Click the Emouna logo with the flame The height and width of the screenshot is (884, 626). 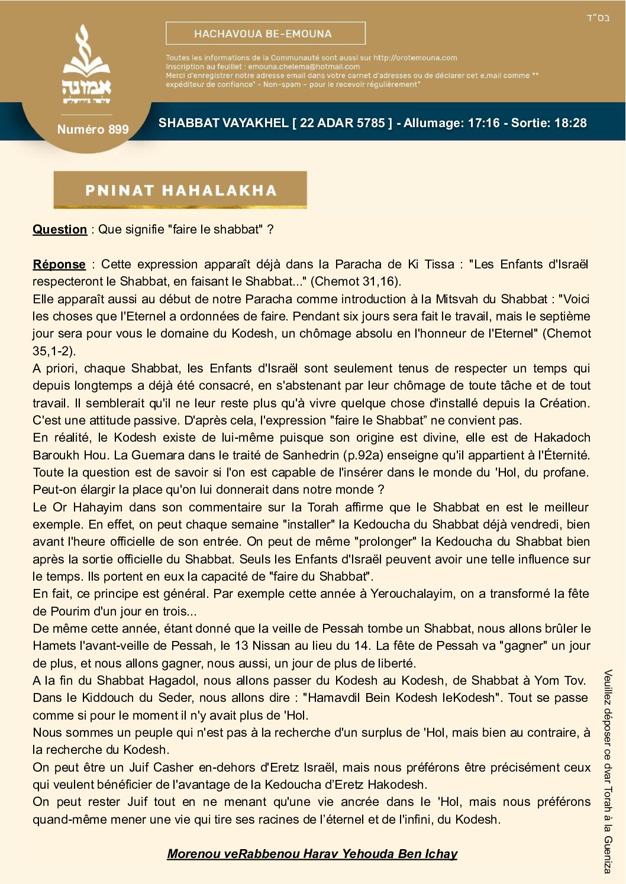(86, 65)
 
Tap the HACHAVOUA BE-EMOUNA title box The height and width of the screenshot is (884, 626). (265, 34)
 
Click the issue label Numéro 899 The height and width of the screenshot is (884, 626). (93, 129)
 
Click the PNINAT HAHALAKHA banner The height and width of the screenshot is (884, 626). (180, 190)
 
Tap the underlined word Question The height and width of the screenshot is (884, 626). (60, 229)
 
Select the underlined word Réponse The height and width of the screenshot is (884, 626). (59, 264)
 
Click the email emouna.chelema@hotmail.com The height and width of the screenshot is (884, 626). (304, 67)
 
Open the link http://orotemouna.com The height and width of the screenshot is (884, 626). (415, 58)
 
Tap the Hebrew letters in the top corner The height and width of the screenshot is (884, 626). (598, 18)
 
